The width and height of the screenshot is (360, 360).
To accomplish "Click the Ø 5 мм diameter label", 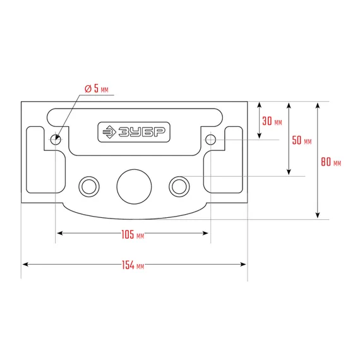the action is click(97, 88).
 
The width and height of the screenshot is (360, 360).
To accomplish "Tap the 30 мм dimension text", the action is click(272, 121).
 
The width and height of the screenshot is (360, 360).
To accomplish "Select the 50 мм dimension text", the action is click(302, 140).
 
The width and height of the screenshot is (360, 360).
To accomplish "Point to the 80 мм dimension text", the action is click(331, 162).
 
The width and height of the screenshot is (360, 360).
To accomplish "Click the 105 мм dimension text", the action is click(133, 235).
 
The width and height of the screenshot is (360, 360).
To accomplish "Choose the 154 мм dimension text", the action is click(133, 265).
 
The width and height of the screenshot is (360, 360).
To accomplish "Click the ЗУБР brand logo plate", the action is click(134, 132).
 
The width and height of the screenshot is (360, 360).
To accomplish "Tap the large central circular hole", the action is click(134, 187).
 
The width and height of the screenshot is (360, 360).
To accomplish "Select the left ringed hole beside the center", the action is click(89, 186).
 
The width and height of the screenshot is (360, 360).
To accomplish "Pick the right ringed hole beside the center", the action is click(179, 186).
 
